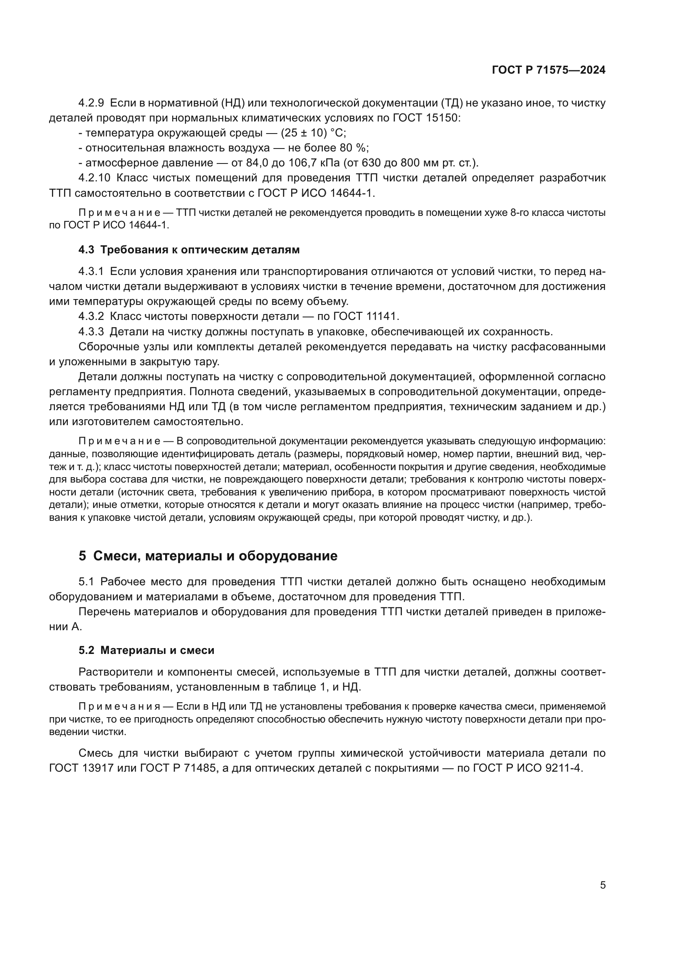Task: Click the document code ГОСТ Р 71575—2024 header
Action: (x=549, y=70)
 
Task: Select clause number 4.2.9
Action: (x=91, y=103)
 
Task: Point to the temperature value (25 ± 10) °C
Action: (x=313, y=133)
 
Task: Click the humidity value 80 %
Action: (x=354, y=148)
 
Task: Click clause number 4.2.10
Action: (x=94, y=178)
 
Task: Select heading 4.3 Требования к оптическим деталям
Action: (x=189, y=250)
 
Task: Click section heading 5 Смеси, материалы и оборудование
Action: (x=208, y=556)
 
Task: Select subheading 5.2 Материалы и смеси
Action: (x=146, y=650)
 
